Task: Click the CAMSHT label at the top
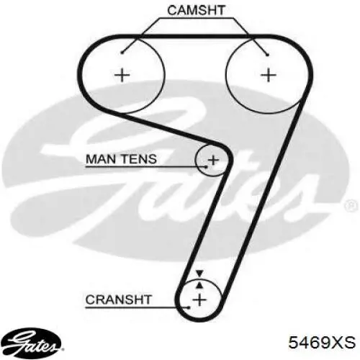196,11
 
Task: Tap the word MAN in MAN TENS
101,159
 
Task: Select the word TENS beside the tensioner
139,159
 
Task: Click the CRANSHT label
119,300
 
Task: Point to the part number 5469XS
322,342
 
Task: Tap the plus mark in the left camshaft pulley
122,75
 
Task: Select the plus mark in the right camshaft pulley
269,75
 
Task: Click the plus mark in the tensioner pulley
213,160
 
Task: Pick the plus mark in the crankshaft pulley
199,300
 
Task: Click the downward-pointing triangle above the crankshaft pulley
199,273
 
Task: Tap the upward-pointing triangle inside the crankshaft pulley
199,285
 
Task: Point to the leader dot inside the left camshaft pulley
122,53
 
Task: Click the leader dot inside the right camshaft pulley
267,55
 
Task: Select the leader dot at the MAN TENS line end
206,166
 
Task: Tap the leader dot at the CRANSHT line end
189,307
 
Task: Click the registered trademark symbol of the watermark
350,206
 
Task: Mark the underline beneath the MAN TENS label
145,166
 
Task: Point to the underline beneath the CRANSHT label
138,307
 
